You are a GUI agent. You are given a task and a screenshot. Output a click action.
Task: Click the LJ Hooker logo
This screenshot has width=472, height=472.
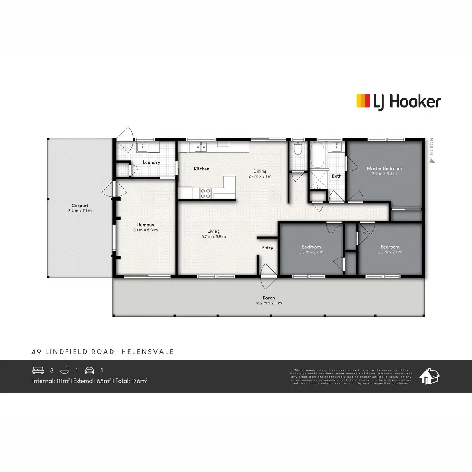pyautogui.click(x=398, y=101)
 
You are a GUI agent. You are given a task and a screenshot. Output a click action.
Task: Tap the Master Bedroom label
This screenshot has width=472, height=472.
pyautogui.click(x=384, y=168)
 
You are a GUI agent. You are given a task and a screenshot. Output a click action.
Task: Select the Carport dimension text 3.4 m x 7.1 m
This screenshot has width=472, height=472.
pyautogui.click(x=79, y=211)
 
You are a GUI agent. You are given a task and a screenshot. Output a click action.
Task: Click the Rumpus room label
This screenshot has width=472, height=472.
pyautogui.click(x=145, y=225)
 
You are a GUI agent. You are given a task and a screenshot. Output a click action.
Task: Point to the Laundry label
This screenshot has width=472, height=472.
pyautogui.click(x=151, y=162)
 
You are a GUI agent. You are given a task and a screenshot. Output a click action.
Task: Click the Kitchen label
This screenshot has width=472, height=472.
pyautogui.click(x=201, y=169)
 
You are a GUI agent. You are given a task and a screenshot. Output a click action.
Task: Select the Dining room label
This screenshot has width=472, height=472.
pyautogui.click(x=260, y=171)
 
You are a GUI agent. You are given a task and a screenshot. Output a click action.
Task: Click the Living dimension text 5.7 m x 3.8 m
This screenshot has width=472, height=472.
pyautogui.click(x=214, y=237)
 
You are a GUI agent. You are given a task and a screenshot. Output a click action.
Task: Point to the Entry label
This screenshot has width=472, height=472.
pyautogui.click(x=267, y=248)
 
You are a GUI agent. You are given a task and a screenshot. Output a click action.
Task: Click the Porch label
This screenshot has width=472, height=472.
pyautogui.click(x=269, y=298)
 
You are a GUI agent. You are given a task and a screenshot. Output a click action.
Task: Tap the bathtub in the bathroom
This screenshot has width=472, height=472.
pyautogui.click(x=317, y=155)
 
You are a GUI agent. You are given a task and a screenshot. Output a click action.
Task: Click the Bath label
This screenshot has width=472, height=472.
pyautogui.click(x=337, y=176)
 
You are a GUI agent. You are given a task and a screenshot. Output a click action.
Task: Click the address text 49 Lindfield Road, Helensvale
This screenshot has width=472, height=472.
pyautogui.click(x=103, y=352)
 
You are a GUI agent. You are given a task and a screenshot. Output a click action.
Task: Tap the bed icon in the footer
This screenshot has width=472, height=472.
pyautogui.click(x=38, y=371)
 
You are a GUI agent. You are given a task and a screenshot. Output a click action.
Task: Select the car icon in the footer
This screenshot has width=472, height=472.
pyautogui.click(x=90, y=371)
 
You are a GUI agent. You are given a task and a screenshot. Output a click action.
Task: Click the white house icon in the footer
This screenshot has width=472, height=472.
pyautogui.click(x=429, y=376)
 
